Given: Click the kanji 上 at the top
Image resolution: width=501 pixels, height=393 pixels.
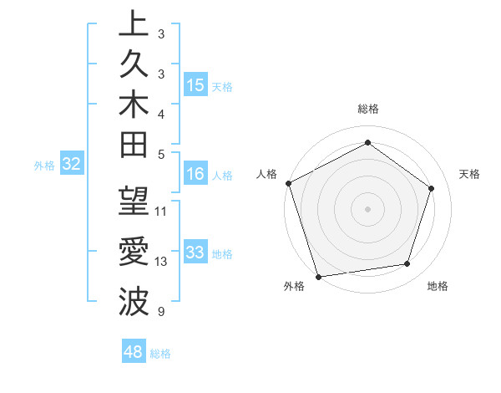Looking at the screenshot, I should point(134,24).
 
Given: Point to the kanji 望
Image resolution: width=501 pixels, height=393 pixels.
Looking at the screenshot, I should point(134,202).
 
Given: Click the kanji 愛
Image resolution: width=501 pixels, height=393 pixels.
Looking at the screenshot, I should point(134,253).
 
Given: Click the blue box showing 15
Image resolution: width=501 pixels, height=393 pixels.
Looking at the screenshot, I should point(195,85).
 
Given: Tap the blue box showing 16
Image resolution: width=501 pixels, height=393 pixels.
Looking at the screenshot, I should point(195,175).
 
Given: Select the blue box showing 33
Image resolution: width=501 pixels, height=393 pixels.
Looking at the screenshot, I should point(195,253).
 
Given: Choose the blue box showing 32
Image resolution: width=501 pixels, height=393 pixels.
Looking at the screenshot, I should point(71,165).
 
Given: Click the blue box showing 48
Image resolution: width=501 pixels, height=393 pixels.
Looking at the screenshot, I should point(133,352).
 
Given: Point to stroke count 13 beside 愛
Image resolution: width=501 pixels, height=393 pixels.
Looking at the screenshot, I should point(161,262).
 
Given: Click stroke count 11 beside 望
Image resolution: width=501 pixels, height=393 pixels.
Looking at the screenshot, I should point(161,211).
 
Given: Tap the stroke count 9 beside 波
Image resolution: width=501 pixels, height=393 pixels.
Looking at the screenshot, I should point(159,312).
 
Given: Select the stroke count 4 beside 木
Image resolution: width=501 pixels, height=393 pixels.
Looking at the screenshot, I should point(159,114).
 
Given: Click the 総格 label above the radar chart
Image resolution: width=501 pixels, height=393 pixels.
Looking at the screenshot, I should point(367,109).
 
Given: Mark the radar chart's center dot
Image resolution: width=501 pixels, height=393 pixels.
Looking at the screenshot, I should point(367,208).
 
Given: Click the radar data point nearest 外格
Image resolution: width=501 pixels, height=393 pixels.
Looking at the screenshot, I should point(318,276).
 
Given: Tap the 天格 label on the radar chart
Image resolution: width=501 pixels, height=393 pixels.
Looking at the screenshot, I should point(470,174).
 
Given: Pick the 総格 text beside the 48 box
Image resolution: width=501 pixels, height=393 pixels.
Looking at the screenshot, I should point(160,354).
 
